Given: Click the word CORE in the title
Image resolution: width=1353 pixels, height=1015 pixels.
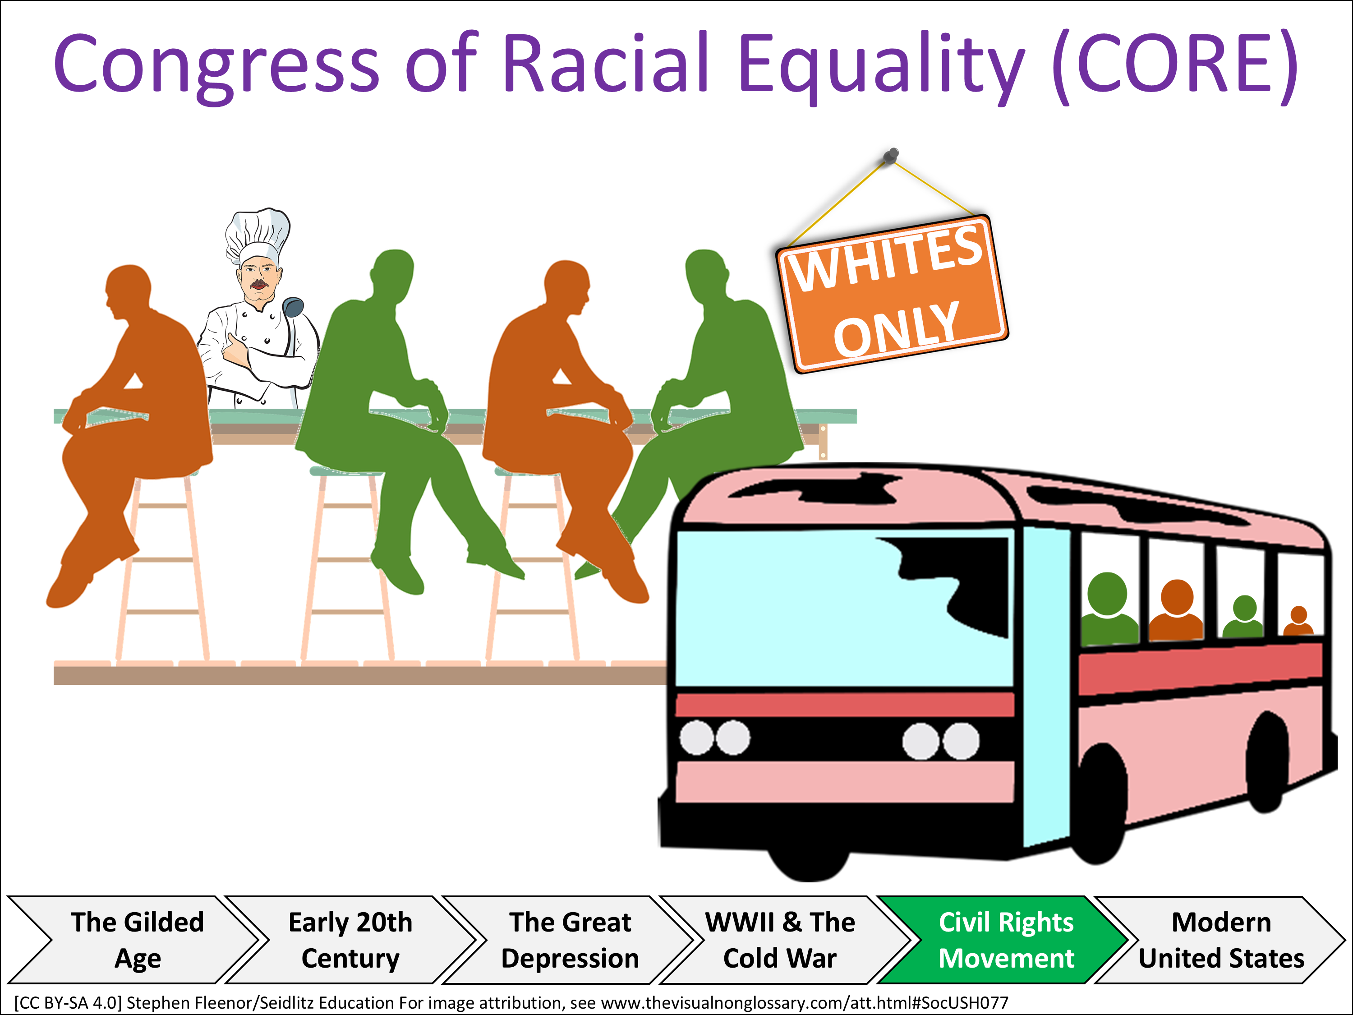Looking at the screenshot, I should pos(1175,64).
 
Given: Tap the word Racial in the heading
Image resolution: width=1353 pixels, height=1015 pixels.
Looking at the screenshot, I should pos(606,64).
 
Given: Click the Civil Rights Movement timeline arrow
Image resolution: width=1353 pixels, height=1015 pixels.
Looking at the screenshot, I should pos(1006,940).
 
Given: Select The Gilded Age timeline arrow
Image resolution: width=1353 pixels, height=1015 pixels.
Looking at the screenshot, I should pos(137,940).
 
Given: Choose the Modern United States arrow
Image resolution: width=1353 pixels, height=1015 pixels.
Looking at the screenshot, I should pos(1221,940).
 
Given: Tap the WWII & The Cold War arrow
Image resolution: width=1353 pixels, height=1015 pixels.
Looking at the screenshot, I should pos(780,940).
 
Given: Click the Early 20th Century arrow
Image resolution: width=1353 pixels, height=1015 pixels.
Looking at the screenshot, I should pos(350,940).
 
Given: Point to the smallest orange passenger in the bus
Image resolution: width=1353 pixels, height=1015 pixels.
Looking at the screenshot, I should pos(1298,621).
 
